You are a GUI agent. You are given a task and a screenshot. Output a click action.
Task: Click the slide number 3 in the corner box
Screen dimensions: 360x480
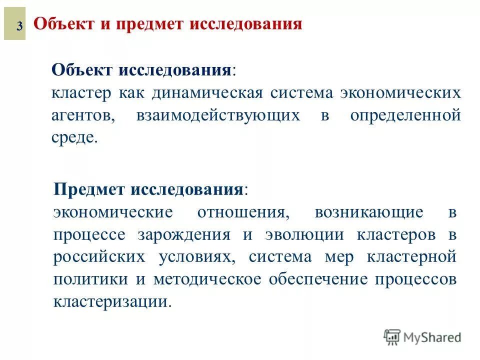pyautogui.click(x=18, y=26)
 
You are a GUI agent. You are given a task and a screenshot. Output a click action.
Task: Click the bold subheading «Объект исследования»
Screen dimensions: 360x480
pyautogui.click(x=141, y=69)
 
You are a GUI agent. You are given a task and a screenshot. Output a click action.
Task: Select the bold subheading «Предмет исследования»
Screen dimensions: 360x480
pyautogui.click(x=148, y=189)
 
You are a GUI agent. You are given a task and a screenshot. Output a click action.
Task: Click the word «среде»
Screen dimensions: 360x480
pyautogui.click(x=73, y=138)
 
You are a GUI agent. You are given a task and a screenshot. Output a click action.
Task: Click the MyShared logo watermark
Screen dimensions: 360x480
pyautogui.click(x=422, y=337)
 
